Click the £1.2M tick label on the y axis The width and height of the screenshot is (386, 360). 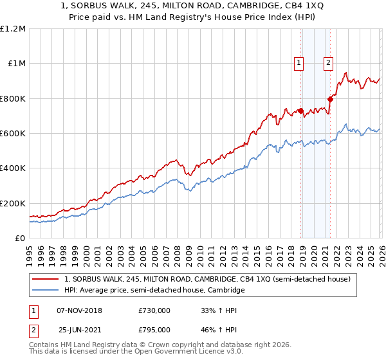[x=13, y=29]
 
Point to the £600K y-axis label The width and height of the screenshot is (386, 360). [x=13, y=134]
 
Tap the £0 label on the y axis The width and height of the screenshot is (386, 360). [x=21, y=238]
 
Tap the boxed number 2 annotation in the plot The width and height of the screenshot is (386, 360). [x=328, y=62]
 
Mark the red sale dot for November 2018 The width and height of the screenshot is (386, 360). [x=300, y=111]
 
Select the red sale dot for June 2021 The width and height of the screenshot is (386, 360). [x=330, y=99]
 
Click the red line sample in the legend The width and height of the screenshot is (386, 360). [x=46, y=280]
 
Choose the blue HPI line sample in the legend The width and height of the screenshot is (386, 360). [x=46, y=291]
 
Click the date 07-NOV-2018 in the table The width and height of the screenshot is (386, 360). [x=80, y=310]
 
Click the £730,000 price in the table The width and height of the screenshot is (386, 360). [x=154, y=310]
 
